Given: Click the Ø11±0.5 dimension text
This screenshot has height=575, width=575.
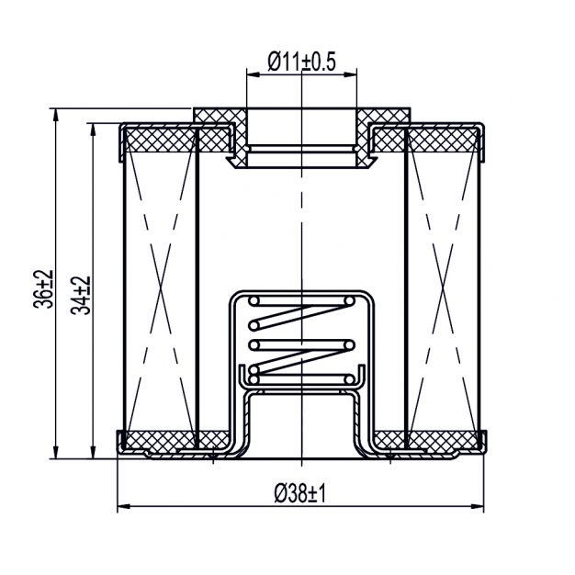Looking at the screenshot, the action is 301,62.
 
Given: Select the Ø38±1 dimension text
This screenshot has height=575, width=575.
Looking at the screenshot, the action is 300,494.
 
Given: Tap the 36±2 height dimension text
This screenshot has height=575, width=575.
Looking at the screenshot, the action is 44,289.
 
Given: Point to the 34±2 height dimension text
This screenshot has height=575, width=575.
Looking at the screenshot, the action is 81,295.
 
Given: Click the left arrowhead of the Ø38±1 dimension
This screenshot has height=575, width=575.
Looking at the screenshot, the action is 124,506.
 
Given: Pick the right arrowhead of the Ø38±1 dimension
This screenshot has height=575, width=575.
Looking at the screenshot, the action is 477,506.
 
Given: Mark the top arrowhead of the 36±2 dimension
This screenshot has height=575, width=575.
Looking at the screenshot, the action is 56,115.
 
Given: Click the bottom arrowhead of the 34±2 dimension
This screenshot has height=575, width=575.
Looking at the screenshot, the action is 93,452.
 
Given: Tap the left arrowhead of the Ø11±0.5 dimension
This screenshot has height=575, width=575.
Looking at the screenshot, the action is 254,74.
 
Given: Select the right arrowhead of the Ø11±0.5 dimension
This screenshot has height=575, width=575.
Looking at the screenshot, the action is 350,74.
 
